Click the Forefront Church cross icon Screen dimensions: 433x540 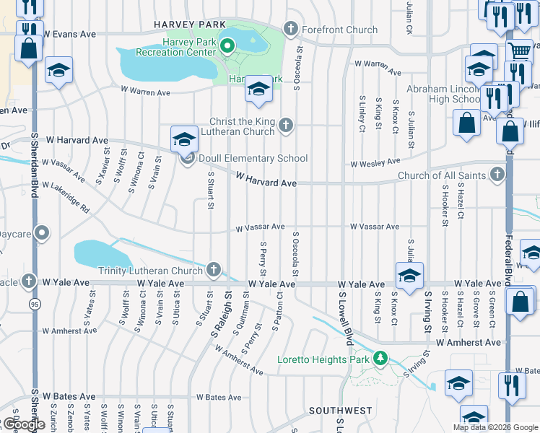click(291, 30)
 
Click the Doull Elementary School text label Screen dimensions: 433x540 click(254, 159)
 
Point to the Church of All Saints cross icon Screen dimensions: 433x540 click(497, 175)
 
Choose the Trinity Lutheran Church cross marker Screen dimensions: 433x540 click(213, 270)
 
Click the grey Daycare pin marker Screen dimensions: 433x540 click(42, 233)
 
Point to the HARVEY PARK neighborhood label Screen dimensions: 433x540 click(180, 25)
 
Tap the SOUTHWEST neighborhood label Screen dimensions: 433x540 click(340, 410)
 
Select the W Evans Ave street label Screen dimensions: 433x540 click(69, 34)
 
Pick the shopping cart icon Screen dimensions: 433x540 click(520, 52)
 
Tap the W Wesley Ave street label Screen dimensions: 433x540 click(375, 164)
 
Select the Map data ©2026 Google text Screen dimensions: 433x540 click(495, 427)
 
